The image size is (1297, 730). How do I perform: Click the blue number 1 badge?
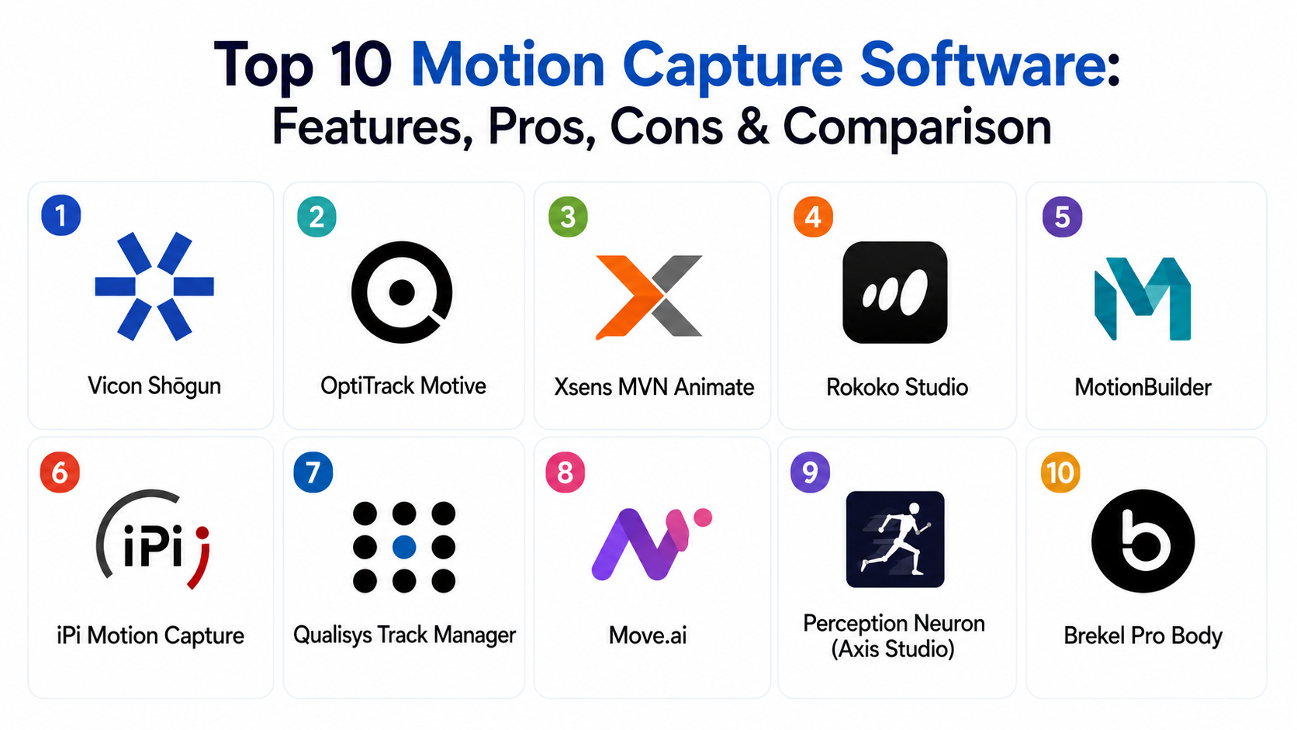(x=61, y=216)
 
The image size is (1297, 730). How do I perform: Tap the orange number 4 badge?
(x=813, y=217)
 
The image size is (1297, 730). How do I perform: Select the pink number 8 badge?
(x=565, y=472)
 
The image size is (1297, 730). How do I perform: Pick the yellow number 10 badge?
(x=1060, y=472)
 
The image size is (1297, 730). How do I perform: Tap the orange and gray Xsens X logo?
(x=648, y=296)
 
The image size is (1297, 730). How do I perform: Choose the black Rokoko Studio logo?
(x=894, y=292)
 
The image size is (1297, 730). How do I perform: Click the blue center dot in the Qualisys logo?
(x=404, y=547)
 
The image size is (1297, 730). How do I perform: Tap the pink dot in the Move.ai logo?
(x=703, y=517)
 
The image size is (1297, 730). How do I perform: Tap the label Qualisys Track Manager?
(x=404, y=635)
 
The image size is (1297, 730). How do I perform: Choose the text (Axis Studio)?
(x=893, y=649)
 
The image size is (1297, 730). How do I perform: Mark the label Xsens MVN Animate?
(x=654, y=386)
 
